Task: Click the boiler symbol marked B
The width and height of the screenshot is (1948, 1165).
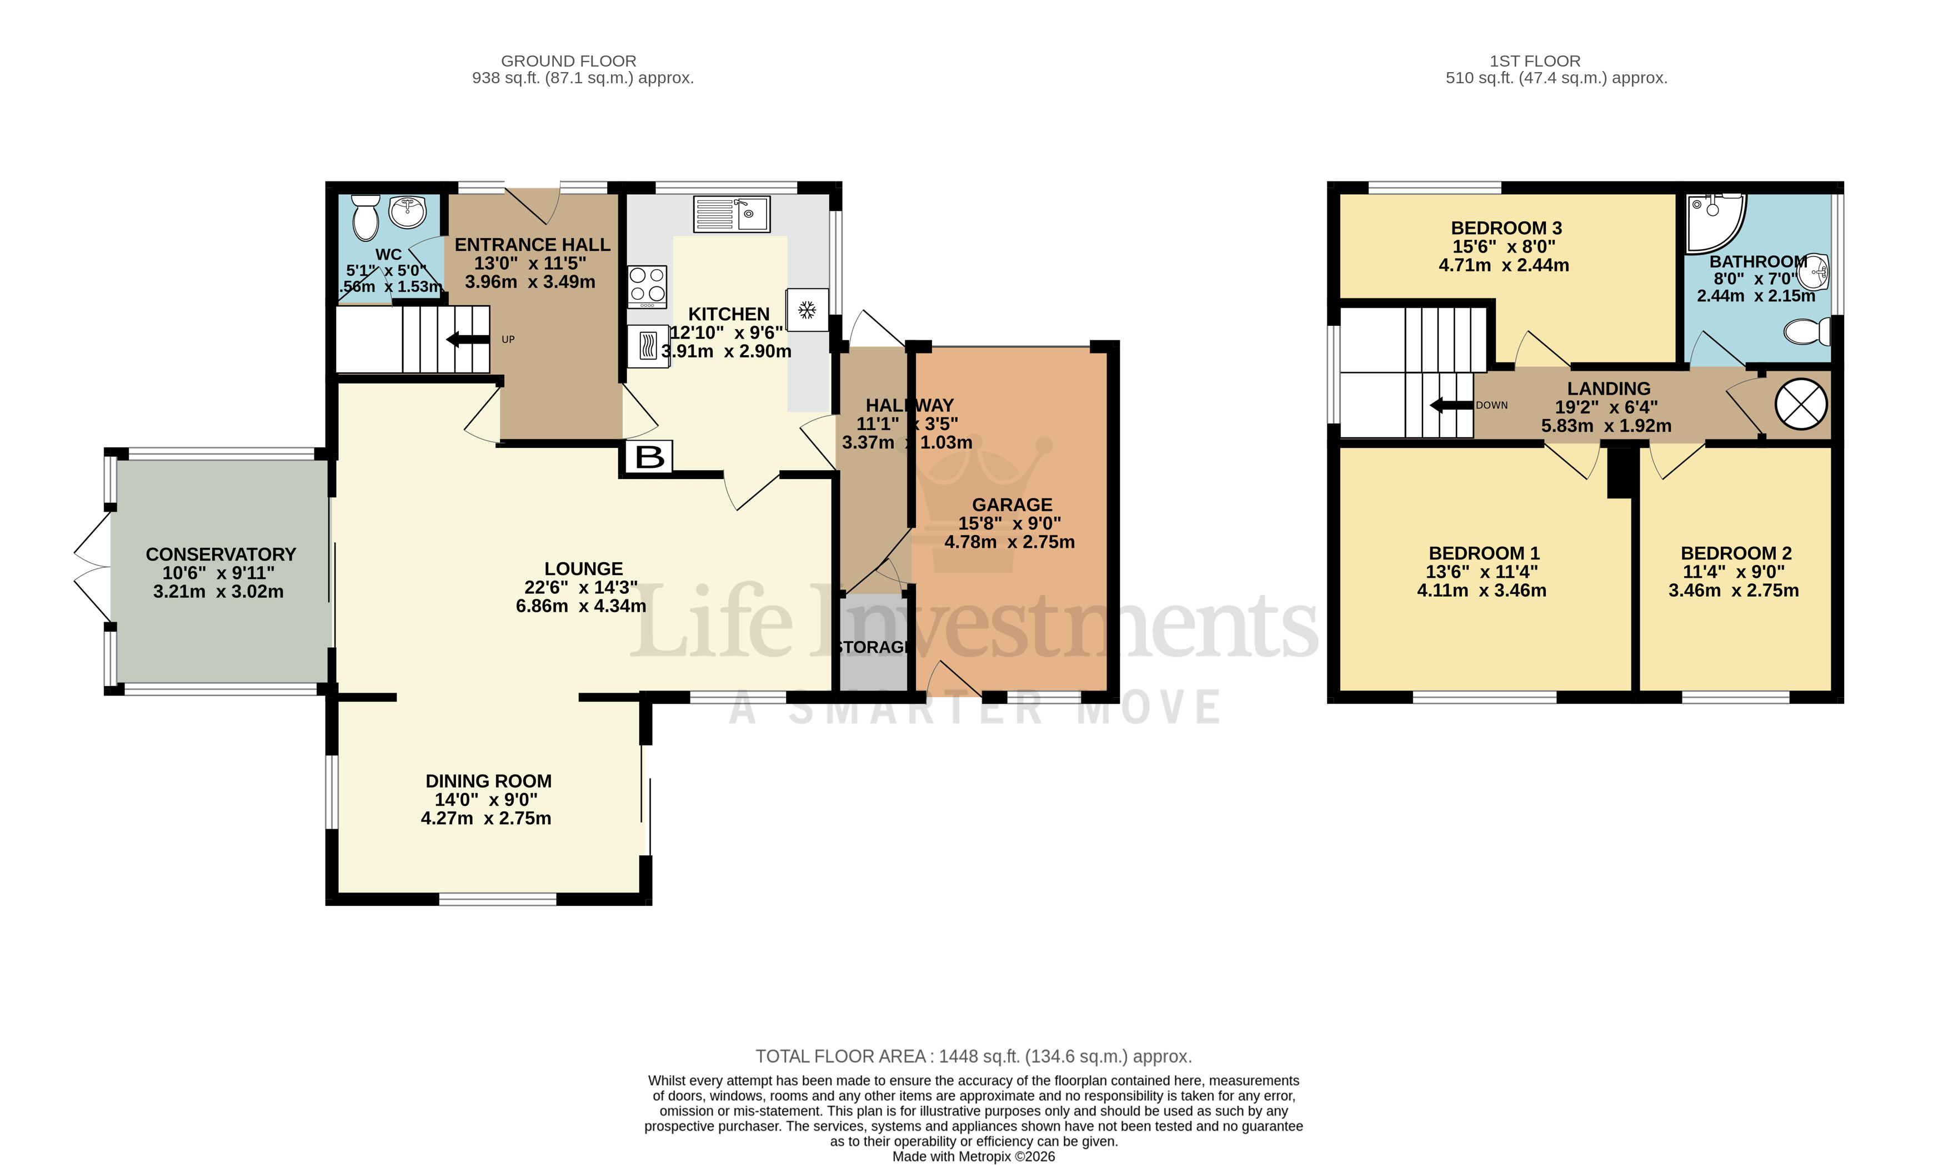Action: click(x=649, y=457)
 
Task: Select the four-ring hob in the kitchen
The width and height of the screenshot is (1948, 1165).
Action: click(x=647, y=286)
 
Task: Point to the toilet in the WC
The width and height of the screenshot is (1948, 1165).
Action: click(x=365, y=218)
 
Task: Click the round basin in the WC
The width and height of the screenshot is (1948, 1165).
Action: click(x=407, y=210)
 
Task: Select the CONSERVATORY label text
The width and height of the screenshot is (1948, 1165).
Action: click(x=221, y=554)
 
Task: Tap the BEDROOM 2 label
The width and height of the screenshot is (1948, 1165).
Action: click(x=1736, y=553)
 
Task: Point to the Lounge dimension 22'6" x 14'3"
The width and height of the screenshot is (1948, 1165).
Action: click(x=580, y=587)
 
